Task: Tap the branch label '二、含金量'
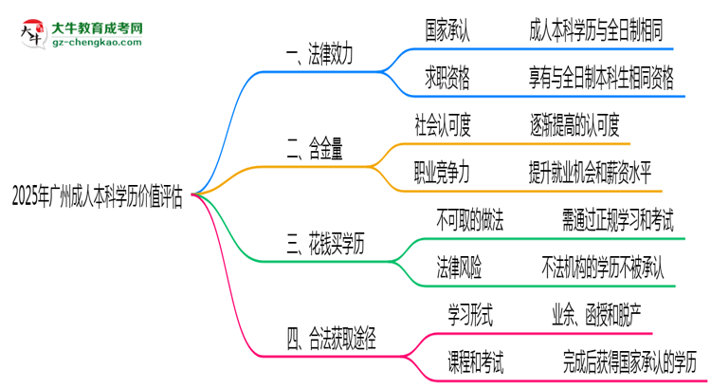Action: click(x=314, y=147)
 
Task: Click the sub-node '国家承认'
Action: click(x=447, y=31)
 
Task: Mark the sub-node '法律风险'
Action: click(x=459, y=269)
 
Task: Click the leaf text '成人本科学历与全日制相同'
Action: click(x=601, y=31)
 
